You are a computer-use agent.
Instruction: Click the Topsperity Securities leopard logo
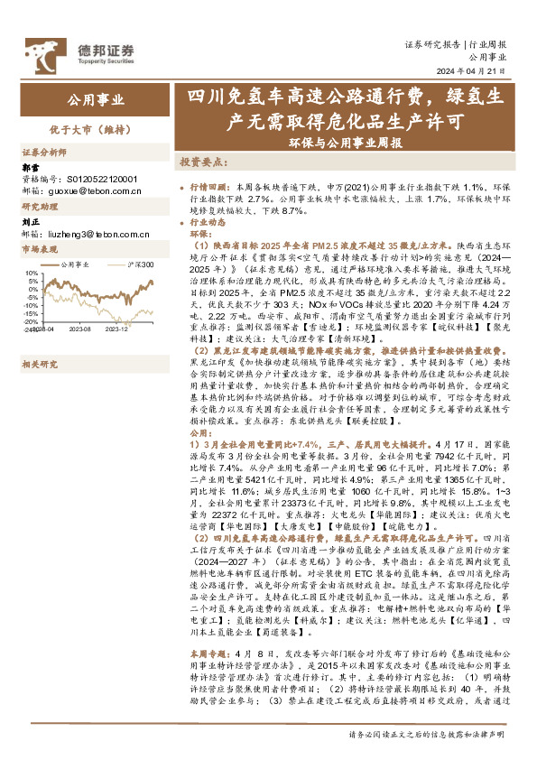pyautogui.click(x=38, y=51)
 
